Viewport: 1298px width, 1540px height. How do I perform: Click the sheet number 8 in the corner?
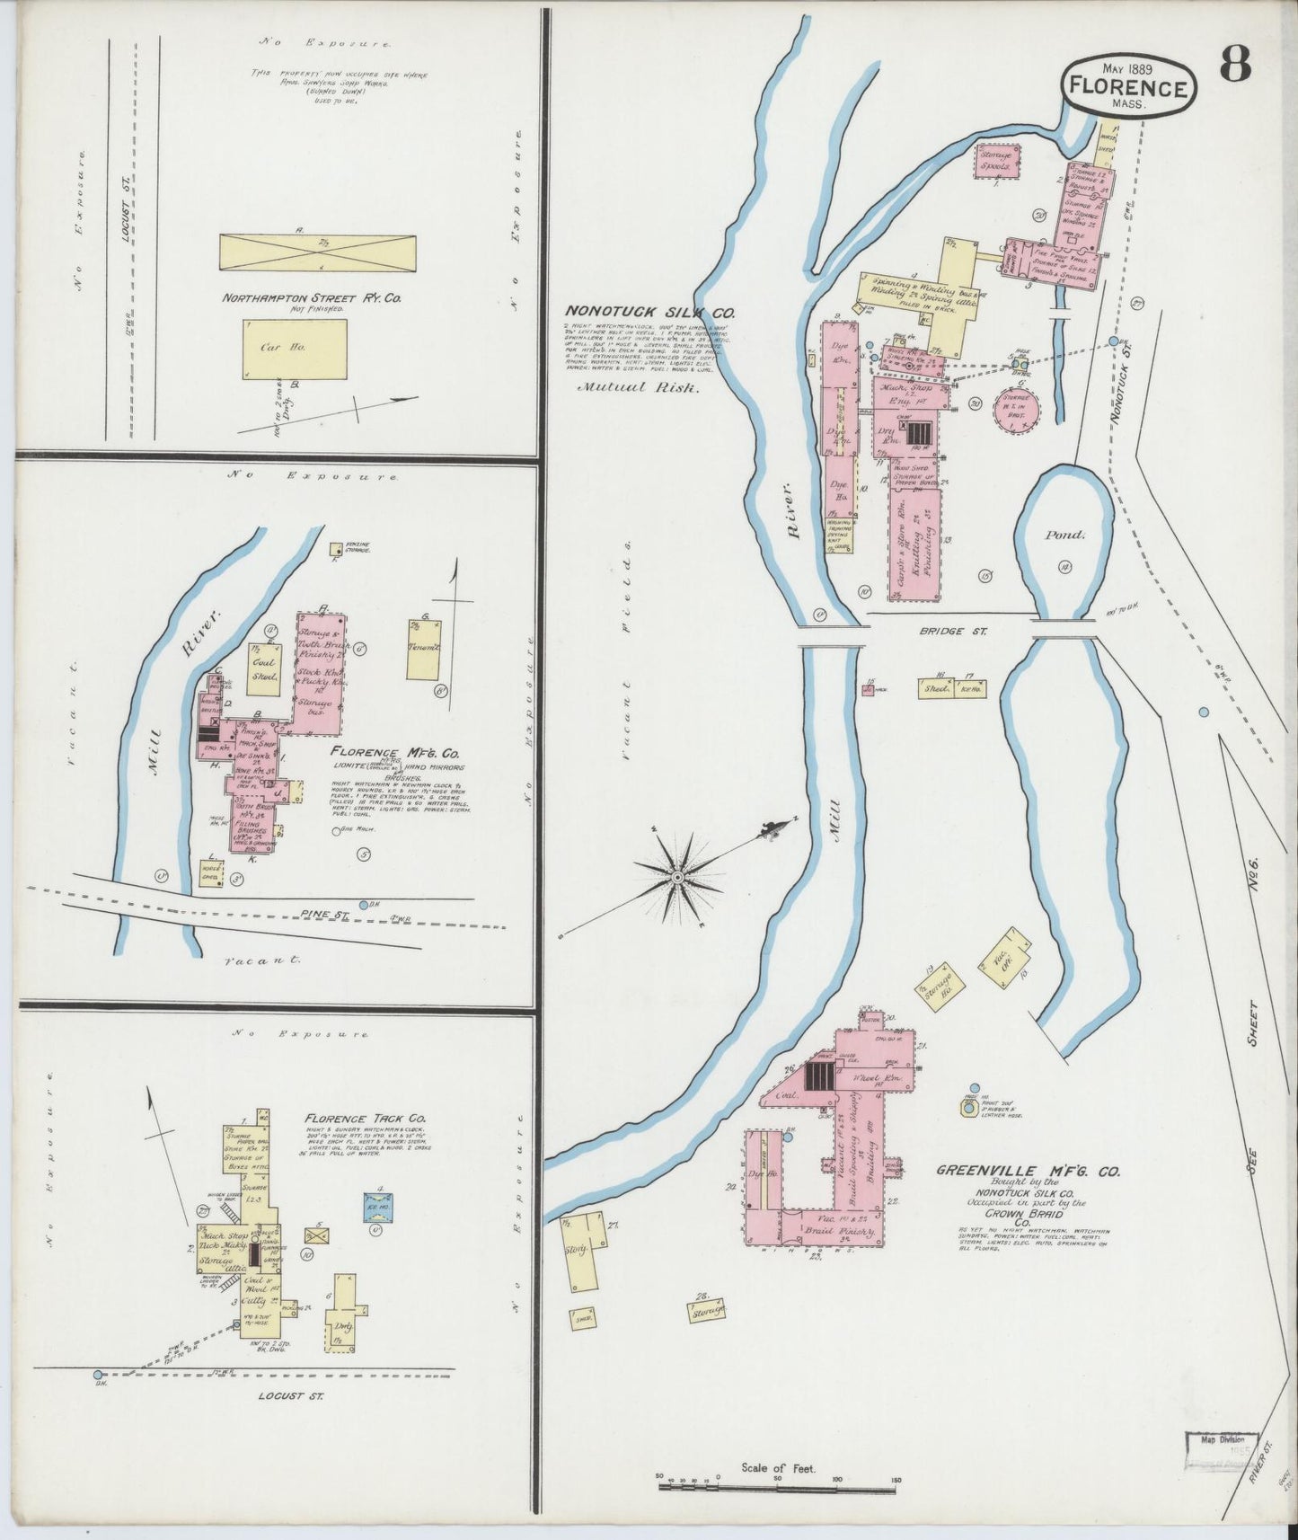(x=1236, y=66)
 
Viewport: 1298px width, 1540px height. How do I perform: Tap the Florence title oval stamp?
(x=1129, y=86)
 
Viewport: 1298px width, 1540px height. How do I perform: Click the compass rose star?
(x=680, y=874)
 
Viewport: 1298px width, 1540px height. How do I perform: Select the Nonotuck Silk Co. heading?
(x=650, y=313)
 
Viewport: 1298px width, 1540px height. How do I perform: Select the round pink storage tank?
(x=1015, y=411)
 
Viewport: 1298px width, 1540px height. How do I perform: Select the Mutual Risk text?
(x=638, y=389)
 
